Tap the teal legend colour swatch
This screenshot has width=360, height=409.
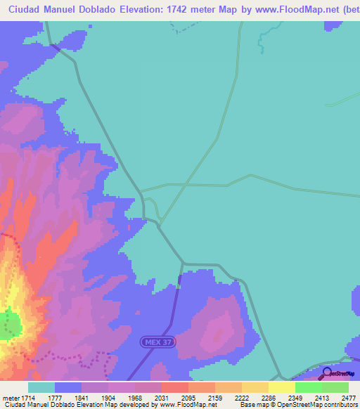[41, 387]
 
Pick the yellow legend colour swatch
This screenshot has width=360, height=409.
[281, 387]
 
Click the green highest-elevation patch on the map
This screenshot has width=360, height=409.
[9, 325]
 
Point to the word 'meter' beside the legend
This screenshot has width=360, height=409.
[12, 397]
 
